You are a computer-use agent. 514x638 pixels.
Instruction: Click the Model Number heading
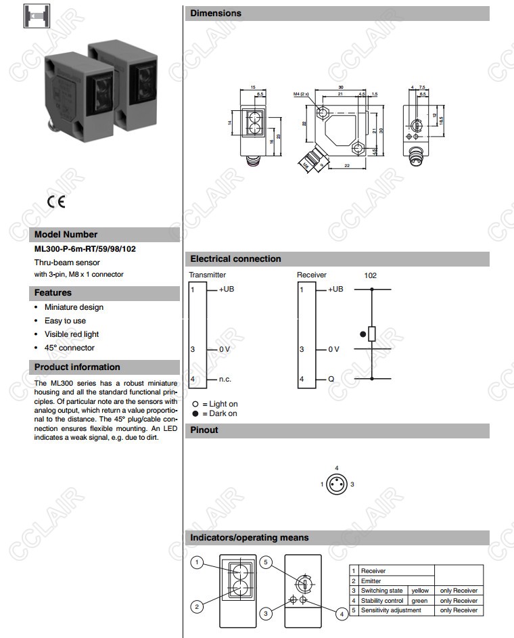(x=66, y=235)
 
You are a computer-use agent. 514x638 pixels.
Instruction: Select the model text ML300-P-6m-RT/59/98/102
(x=85, y=249)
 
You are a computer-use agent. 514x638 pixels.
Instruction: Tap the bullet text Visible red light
(x=72, y=334)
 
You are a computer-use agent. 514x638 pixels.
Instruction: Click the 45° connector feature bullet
(x=70, y=348)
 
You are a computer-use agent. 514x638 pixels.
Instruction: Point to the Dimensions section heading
(x=216, y=13)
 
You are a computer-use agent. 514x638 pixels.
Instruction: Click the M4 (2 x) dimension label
(x=302, y=95)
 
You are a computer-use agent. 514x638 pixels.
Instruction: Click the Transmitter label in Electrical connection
(x=208, y=275)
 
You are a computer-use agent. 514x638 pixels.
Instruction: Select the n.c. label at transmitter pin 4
(x=225, y=379)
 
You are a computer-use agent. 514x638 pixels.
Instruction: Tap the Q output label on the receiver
(x=331, y=379)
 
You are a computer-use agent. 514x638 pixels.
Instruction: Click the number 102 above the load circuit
(x=371, y=275)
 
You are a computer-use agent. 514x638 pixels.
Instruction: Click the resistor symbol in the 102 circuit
(x=371, y=334)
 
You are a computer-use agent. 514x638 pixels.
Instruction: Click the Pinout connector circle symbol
(x=336, y=484)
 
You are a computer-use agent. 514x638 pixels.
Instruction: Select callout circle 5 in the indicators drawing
(x=266, y=562)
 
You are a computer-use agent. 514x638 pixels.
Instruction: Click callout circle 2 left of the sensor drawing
(x=197, y=607)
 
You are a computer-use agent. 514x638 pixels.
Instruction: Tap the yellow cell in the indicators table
(x=420, y=591)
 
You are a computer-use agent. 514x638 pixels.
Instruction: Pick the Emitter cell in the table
(x=371, y=581)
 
